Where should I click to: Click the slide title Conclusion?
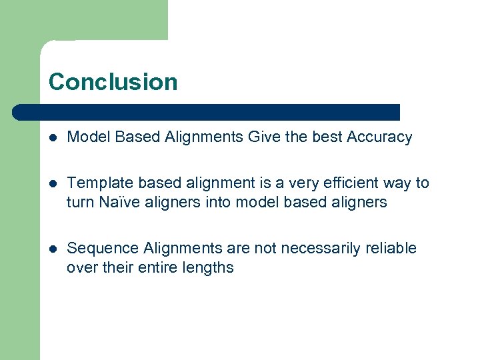coord(113,82)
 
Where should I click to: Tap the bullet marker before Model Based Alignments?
coord(53,138)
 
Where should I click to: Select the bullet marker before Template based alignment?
coord(53,183)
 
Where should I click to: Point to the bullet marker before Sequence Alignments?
coord(53,249)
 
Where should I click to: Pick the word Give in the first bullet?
coord(264,137)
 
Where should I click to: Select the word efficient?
coord(344,183)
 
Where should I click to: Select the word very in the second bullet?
coord(301,183)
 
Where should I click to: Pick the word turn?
coord(80,202)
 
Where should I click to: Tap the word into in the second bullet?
coord(215,202)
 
